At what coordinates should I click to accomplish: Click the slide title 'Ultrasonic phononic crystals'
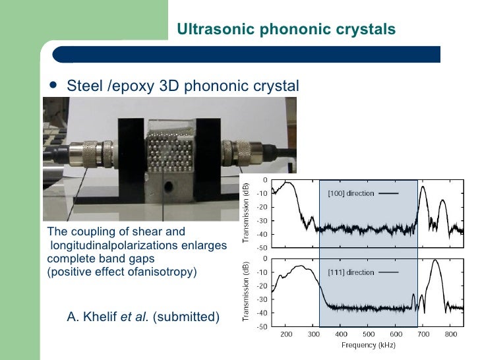286,30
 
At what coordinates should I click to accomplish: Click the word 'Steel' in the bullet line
84,86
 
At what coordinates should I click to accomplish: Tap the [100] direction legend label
351,193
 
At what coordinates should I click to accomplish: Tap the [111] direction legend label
350,272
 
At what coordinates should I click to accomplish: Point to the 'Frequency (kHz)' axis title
367,345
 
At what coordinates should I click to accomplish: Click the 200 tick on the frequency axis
286,334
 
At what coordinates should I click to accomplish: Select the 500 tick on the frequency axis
368,334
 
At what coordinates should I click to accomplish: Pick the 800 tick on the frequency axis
450,334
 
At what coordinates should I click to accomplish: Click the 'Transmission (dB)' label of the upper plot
245,212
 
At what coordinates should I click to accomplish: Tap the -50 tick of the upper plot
262,247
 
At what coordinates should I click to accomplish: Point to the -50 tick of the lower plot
262,326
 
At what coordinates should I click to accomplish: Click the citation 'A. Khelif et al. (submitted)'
143,317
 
